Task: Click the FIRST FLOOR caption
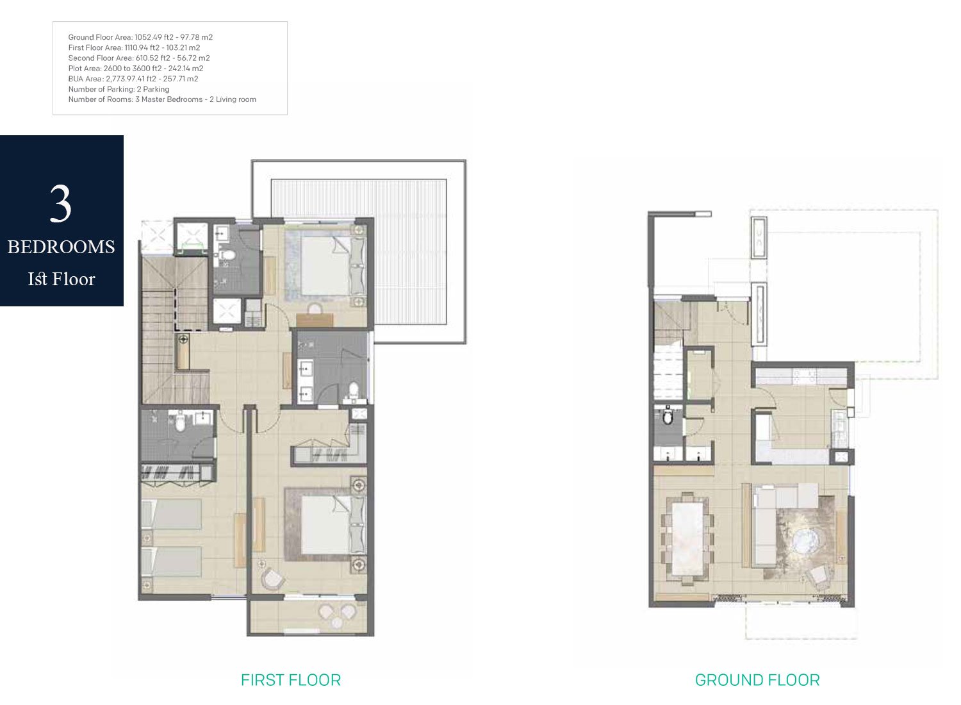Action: (291, 680)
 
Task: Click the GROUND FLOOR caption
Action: (757, 680)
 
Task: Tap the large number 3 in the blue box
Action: (61, 204)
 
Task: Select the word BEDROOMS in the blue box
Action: (61, 247)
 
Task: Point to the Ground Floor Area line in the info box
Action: (140, 37)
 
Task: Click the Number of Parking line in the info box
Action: (119, 89)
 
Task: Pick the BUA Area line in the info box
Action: (133, 79)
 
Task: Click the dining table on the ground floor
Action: (686, 538)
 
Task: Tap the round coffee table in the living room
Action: (804, 542)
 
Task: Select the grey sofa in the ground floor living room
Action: (766, 526)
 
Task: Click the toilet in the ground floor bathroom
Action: (668, 417)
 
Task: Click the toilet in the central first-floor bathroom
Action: (353, 390)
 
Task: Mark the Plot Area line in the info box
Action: (136, 69)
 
